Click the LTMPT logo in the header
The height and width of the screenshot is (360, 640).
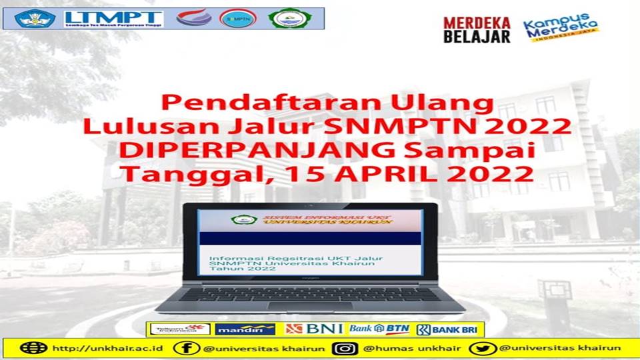point(113,18)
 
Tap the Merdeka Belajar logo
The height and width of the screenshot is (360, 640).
point(477,30)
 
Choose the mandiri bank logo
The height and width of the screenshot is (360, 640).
point(245,329)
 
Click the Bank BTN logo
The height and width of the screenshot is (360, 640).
point(379,329)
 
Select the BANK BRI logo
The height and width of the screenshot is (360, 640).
point(449,329)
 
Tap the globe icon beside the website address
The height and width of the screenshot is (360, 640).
point(33,348)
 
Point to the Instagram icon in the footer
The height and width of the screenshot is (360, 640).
point(345,348)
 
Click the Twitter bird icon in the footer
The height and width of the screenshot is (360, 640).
point(481,348)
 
